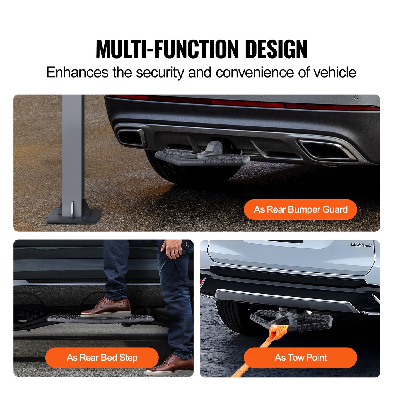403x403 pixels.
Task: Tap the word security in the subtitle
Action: [160, 73]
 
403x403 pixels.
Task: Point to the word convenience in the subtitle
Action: [254, 73]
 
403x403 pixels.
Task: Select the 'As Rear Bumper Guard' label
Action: [300, 209]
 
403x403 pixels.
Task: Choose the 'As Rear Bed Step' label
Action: [102, 358]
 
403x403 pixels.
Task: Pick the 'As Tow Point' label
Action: [300, 358]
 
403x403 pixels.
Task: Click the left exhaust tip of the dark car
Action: [131, 137]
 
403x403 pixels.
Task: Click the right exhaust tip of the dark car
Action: [326, 150]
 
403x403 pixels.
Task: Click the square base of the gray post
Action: [74, 216]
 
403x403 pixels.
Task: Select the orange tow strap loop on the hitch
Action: [276, 332]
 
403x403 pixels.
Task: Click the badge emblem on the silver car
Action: [361, 245]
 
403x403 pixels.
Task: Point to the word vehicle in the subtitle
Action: [335, 73]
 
